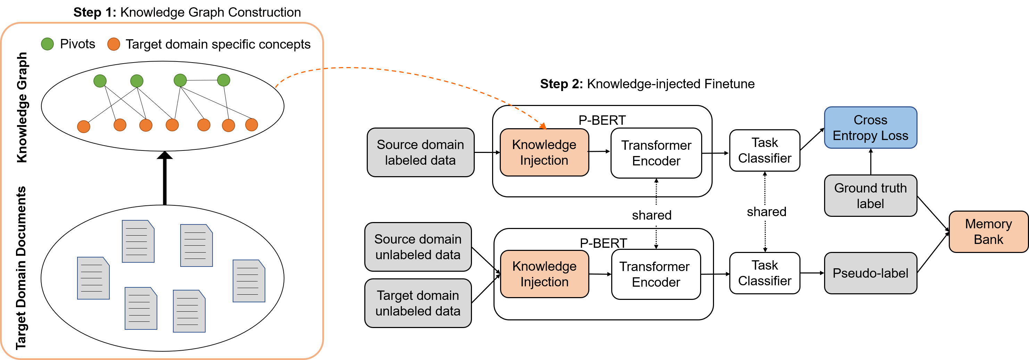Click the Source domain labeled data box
point(420,152)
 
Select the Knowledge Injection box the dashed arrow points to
point(544,152)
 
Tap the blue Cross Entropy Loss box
point(870,128)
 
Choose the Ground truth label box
point(870,196)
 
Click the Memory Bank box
point(988,232)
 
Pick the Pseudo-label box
point(870,273)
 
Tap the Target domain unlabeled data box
point(418,303)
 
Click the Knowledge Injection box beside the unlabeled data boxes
point(544,274)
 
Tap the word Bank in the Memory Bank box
point(988,240)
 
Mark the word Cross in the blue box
point(870,120)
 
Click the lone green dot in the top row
point(48,44)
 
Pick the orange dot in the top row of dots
point(114,44)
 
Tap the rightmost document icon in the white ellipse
point(249,281)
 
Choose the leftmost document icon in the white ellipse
point(93,278)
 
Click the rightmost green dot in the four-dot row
point(224,80)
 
